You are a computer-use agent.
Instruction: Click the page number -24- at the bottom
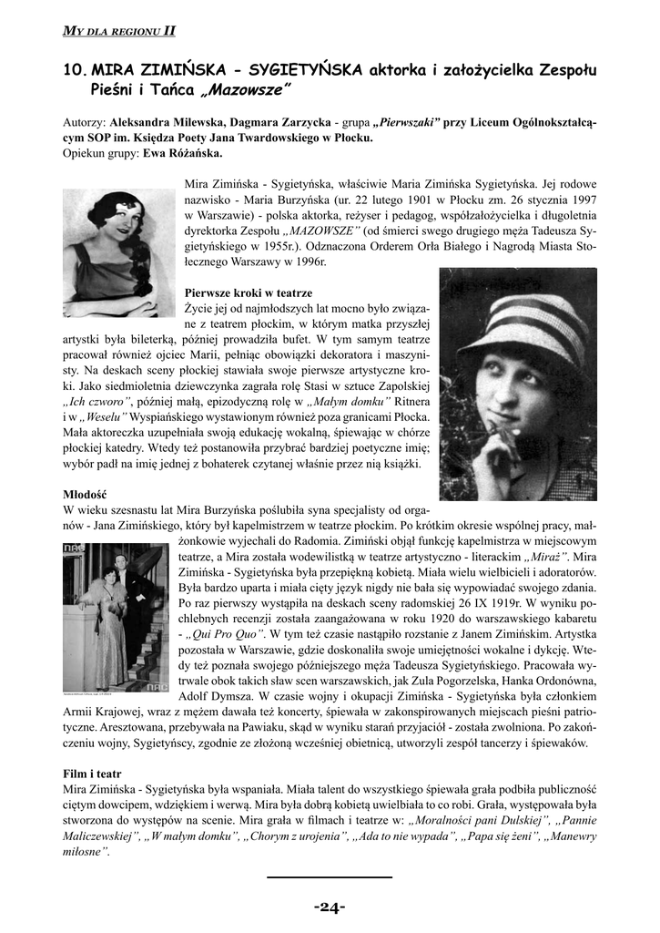pyautogui.click(x=330, y=907)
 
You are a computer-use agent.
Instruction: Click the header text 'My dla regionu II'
pyautogui.click(x=118, y=31)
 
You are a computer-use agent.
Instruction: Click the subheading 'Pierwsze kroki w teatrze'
pyautogui.click(x=248, y=292)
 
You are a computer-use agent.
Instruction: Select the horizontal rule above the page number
pyautogui.click(x=330, y=877)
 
